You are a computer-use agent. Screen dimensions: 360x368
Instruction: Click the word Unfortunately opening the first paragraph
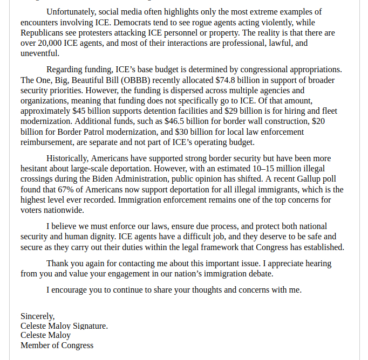[x=71, y=11]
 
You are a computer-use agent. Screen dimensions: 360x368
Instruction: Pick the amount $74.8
[x=227, y=80]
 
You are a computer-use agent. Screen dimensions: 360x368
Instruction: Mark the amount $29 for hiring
[x=234, y=111]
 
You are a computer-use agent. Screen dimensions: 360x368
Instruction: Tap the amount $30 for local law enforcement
[x=183, y=132]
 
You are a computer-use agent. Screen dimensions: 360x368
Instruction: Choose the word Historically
[x=67, y=158]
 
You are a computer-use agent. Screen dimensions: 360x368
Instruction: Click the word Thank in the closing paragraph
[x=58, y=264]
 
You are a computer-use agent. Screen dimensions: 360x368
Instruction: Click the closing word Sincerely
[x=37, y=316]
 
